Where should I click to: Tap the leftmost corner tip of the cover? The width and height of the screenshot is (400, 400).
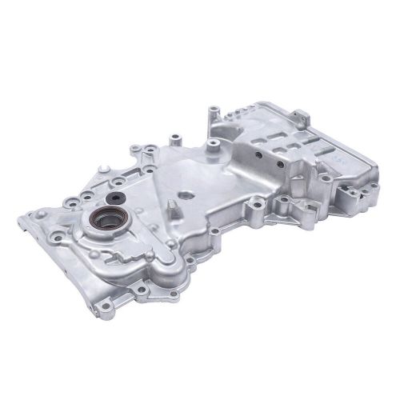[x=18, y=218]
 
